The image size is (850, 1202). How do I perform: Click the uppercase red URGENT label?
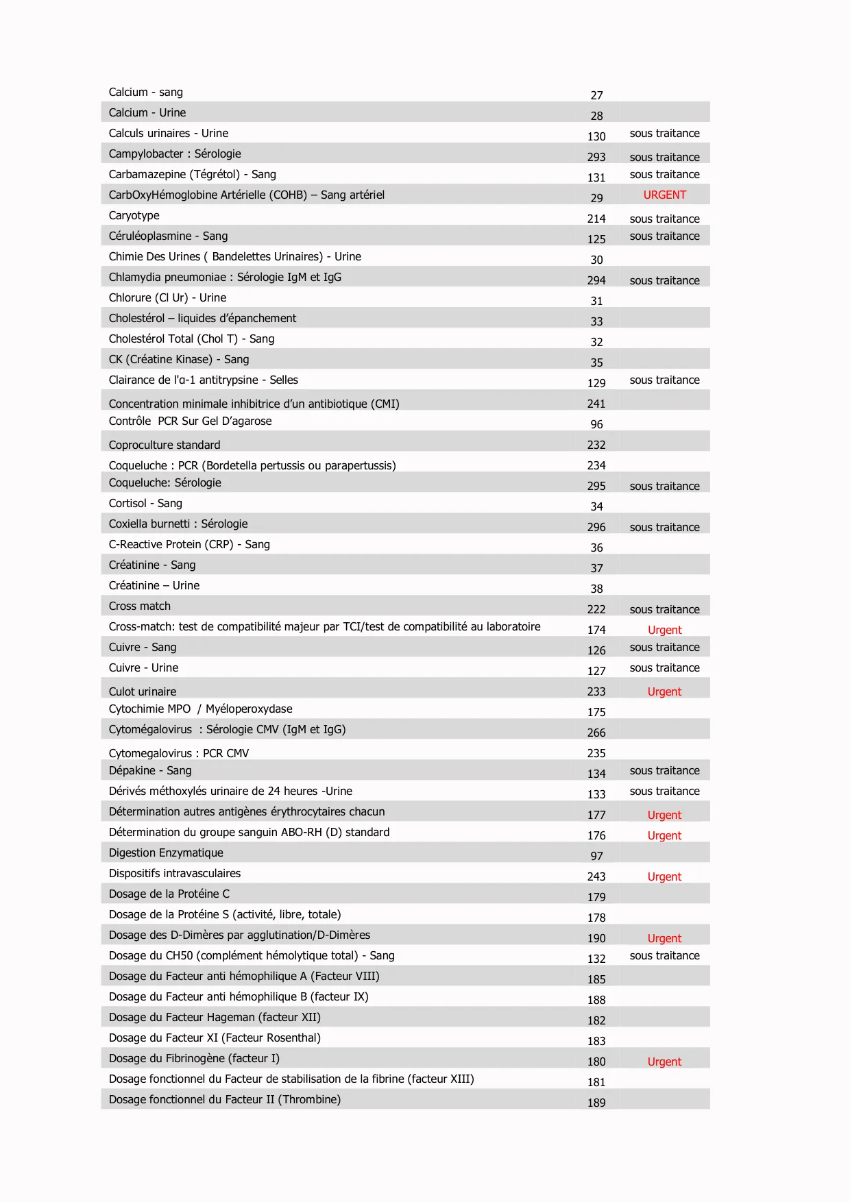point(664,195)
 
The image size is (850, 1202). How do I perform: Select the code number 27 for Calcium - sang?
point(596,96)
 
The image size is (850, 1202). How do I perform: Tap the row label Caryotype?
point(134,216)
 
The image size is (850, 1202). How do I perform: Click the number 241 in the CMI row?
point(596,404)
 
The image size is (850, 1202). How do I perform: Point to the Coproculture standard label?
point(165,445)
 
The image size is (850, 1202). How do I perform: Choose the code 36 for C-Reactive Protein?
point(596,548)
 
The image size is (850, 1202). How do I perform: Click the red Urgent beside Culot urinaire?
point(664,692)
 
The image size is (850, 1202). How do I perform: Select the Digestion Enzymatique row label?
point(166,853)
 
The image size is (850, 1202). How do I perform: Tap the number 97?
point(596,857)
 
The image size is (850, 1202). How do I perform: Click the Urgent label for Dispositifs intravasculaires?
point(664,877)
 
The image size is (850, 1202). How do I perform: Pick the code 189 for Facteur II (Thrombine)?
point(596,1103)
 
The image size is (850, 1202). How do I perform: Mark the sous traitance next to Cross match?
point(664,610)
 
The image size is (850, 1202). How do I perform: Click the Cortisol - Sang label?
point(145,504)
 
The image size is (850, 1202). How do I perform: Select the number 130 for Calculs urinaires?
point(596,137)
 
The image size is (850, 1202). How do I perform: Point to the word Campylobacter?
point(146,154)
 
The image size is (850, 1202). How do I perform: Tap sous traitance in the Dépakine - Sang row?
point(664,771)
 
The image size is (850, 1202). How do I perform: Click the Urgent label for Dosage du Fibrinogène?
point(664,1062)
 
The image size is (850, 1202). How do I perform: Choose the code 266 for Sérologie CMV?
point(596,733)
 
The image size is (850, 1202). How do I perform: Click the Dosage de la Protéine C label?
point(169,894)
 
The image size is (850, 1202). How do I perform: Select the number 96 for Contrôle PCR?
point(596,425)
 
